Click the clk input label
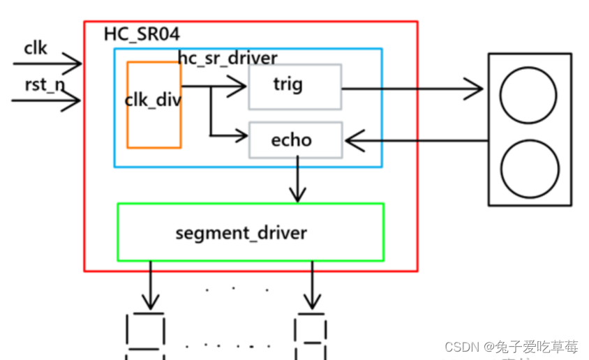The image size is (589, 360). (x=36, y=47)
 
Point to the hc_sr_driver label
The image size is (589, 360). (x=228, y=58)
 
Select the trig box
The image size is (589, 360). (x=294, y=87)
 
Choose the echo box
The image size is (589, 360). (x=295, y=140)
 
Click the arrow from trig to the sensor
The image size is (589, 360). (x=412, y=89)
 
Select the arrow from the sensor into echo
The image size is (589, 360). (x=416, y=142)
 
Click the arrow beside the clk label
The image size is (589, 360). (x=47, y=64)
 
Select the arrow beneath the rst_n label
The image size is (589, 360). (x=47, y=101)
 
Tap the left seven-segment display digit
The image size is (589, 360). (x=145, y=336)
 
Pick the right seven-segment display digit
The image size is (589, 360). (x=311, y=338)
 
